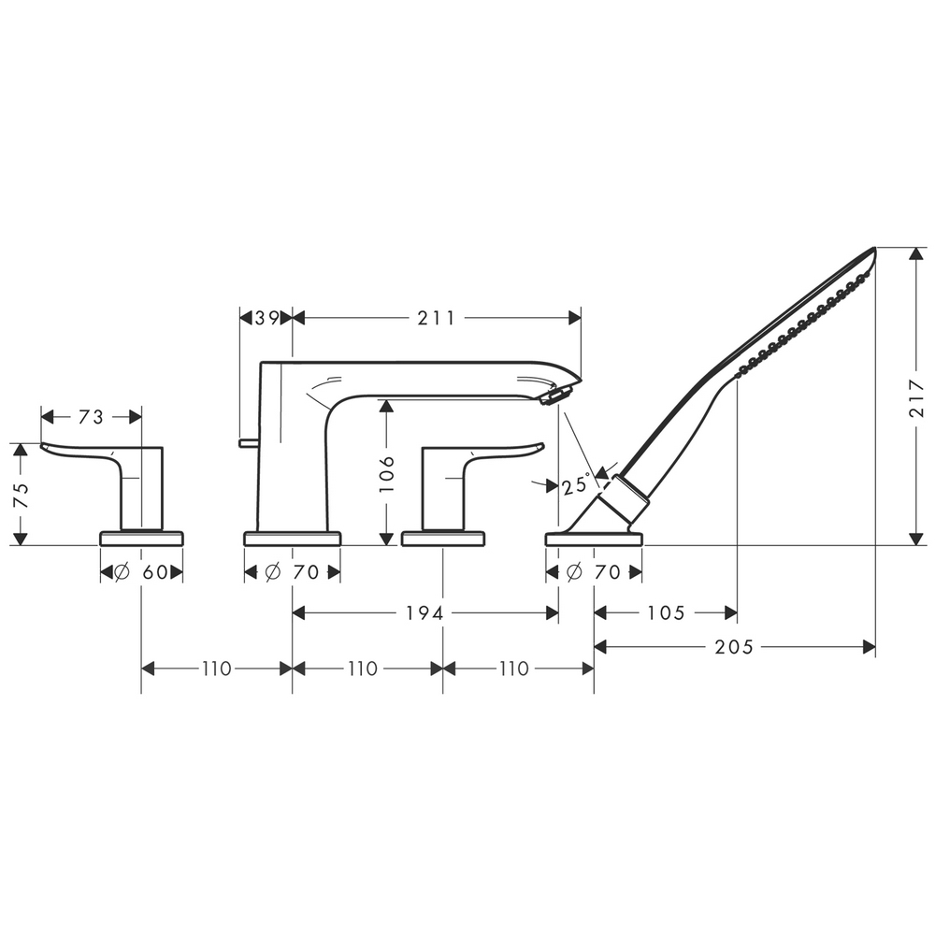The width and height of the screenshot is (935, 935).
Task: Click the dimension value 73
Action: point(91,418)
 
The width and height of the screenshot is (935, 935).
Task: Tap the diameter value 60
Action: point(154,573)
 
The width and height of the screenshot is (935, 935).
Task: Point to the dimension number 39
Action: point(266,318)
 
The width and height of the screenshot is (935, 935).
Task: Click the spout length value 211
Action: point(437,318)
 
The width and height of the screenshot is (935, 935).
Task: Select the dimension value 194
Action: point(424,613)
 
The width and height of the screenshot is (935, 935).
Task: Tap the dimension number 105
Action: point(666,613)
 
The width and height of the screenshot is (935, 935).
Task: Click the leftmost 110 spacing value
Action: point(215,669)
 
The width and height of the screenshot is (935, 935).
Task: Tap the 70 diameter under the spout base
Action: point(305,573)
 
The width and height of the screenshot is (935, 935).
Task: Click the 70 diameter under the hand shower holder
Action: point(607,573)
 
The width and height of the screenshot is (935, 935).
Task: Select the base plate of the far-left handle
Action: point(141,538)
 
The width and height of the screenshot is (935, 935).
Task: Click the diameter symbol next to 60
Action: point(122,573)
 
